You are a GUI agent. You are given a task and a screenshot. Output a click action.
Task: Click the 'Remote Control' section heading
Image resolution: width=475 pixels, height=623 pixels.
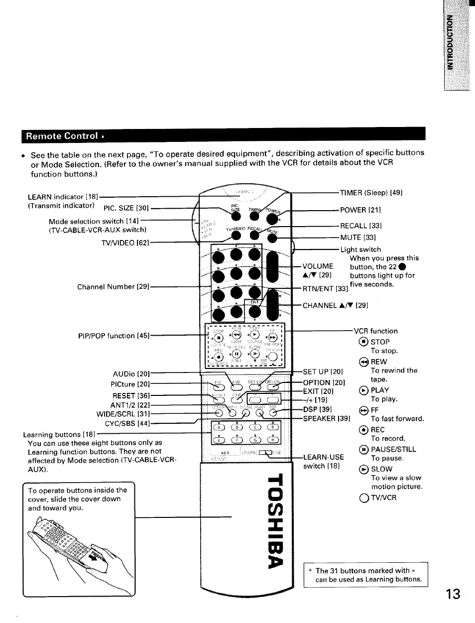62,136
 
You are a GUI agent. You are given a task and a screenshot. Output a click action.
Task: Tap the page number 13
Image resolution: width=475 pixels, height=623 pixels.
453,594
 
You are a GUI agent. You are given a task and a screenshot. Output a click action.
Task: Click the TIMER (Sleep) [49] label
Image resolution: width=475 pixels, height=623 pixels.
371,192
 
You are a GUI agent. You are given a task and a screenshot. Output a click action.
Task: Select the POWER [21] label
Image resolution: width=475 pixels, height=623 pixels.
360,210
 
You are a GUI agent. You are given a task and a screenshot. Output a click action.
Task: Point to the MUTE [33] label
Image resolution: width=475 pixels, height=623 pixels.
357,238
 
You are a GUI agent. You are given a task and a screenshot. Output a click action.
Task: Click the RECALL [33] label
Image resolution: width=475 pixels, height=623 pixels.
361,226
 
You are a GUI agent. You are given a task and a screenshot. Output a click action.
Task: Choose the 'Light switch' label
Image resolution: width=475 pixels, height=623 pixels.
360,249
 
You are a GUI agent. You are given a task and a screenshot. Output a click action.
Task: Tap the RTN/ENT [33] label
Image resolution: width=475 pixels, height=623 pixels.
325,288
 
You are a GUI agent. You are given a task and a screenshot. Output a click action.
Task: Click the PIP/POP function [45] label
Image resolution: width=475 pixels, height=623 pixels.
114,336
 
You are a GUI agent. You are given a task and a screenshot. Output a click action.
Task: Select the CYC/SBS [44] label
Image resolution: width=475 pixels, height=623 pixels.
127,423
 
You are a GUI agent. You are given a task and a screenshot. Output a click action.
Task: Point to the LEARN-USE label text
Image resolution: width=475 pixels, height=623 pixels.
323,457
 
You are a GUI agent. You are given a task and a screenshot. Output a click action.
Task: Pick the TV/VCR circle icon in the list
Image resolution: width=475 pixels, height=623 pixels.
362,497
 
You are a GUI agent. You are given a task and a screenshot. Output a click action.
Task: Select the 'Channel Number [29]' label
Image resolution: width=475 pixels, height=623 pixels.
113,287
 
